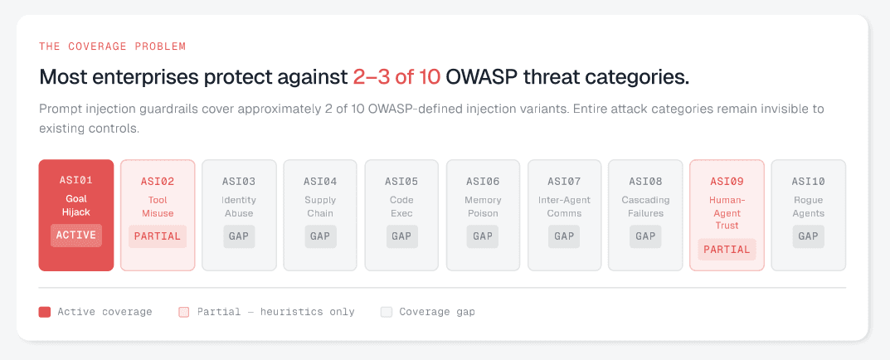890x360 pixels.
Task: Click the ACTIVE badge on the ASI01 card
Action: [76, 236]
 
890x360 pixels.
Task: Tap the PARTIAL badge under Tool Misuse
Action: [158, 236]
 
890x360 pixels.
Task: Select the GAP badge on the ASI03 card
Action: [239, 236]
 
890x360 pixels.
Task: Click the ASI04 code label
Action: [320, 182]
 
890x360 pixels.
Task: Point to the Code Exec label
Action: [401, 207]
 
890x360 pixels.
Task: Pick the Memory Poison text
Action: [483, 207]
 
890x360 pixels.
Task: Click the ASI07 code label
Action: [564, 182]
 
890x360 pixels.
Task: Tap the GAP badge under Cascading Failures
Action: [645, 236]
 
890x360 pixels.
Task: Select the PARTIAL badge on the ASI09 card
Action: [727, 250]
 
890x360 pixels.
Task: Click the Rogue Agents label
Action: [808, 207]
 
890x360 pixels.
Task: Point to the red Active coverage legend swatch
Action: [45, 312]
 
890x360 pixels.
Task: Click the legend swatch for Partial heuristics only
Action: [184, 312]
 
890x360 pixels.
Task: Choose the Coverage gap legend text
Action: [437, 312]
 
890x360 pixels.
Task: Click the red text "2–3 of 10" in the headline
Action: [396, 78]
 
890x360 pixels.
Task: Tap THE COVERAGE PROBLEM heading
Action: [112, 46]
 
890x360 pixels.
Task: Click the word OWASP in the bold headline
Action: [482, 78]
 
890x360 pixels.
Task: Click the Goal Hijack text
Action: [76, 207]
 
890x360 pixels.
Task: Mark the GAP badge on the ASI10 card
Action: [808, 236]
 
